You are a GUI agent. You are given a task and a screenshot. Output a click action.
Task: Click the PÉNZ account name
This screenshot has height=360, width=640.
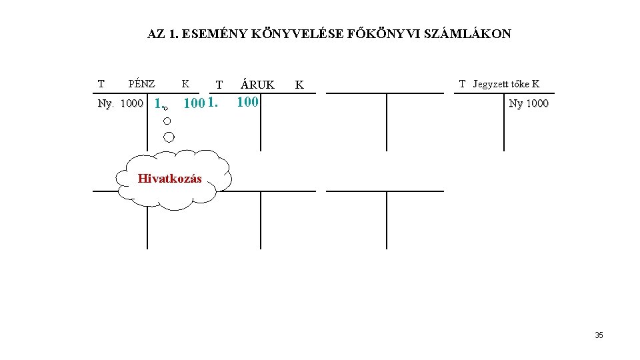pos(141,84)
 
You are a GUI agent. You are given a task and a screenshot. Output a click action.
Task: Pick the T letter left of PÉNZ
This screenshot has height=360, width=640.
pos(101,84)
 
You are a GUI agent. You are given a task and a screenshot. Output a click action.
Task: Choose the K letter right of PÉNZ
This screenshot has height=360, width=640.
pos(185,84)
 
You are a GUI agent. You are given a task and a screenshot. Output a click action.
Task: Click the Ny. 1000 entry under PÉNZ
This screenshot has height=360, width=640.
pos(120,104)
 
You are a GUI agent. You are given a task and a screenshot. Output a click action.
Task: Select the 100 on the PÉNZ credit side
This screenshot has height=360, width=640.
pos(193,104)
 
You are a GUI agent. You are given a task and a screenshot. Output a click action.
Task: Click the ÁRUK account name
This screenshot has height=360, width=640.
pos(257,85)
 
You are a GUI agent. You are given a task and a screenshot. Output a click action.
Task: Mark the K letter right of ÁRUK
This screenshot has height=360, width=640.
pos(299,85)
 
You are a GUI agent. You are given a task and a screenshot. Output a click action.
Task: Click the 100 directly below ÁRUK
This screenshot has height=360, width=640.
pos(247,103)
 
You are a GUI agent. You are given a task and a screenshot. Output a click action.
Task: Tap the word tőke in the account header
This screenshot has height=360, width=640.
pos(521,84)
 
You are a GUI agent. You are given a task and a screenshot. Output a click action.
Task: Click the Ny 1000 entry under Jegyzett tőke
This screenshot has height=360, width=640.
pos(529,103)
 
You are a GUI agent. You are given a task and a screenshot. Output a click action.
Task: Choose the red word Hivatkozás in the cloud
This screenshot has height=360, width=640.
pos(169,179)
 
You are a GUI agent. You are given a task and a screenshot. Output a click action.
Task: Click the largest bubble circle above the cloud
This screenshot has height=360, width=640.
pos(169,137)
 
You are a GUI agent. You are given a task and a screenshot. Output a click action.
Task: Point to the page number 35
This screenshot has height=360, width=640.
pos(599,335)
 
